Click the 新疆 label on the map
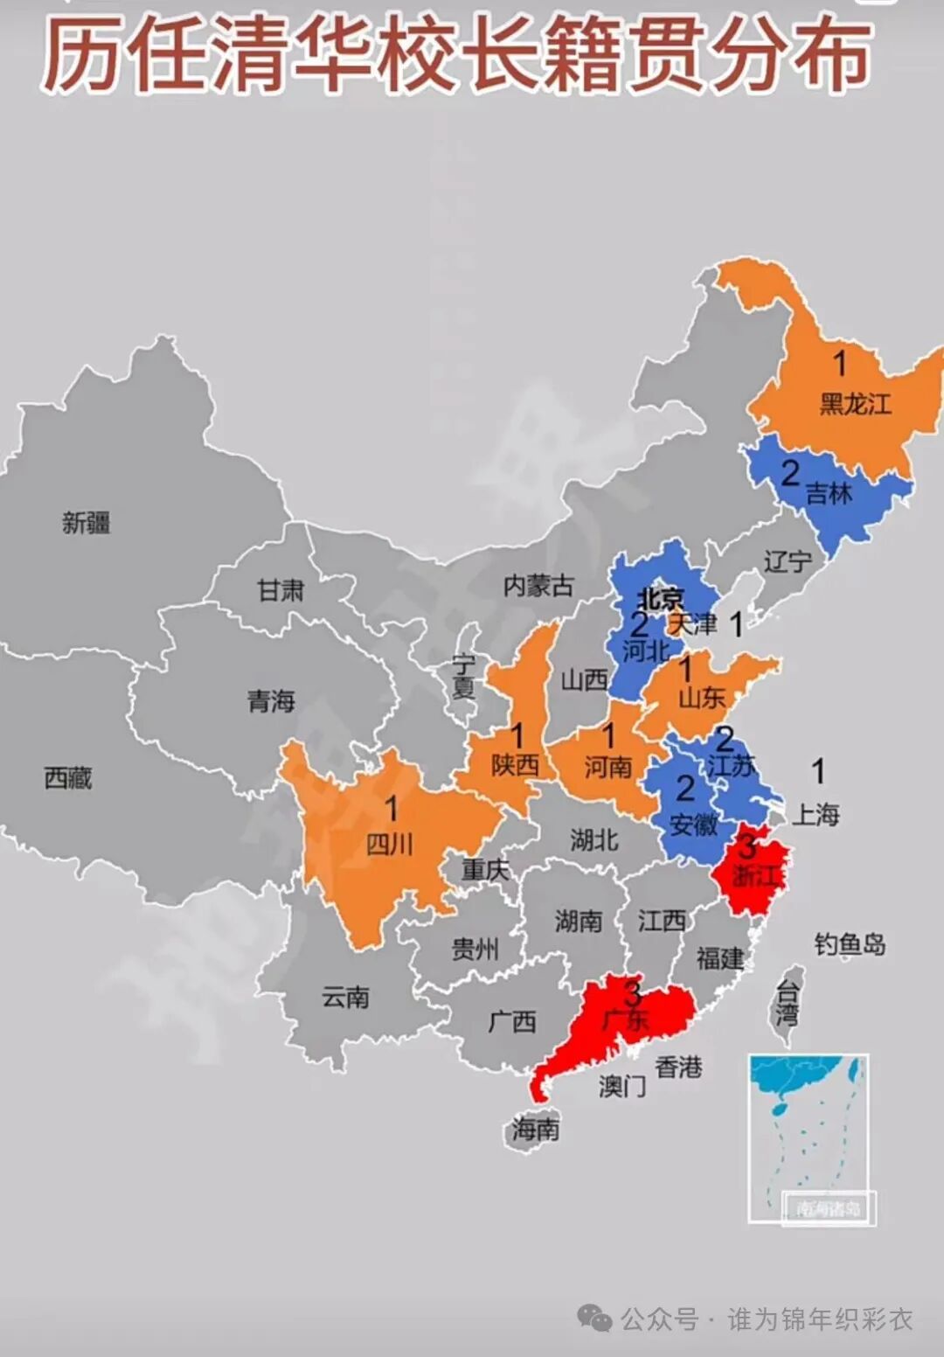[x=86, y=523]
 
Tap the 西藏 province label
[x=68, y=777]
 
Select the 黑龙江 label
[x=855, y=403]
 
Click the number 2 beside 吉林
[x=789, y=473]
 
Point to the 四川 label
[x=389, y=844]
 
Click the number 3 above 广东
[x=633, y=992]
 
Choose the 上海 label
[x=816, y=815]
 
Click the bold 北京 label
[x=660, y=599]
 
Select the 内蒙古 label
[x=538, y=585]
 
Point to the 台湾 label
[x=788, y=1003]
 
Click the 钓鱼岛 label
[x=850, y=944]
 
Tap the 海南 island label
[x=535, y=1129]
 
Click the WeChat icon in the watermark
[x=595, y=1318]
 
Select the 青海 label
[x=271, y=700]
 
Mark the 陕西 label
[x=514, y=766]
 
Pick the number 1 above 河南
[x=609, y=735]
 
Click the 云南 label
[x=345, y=997]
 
